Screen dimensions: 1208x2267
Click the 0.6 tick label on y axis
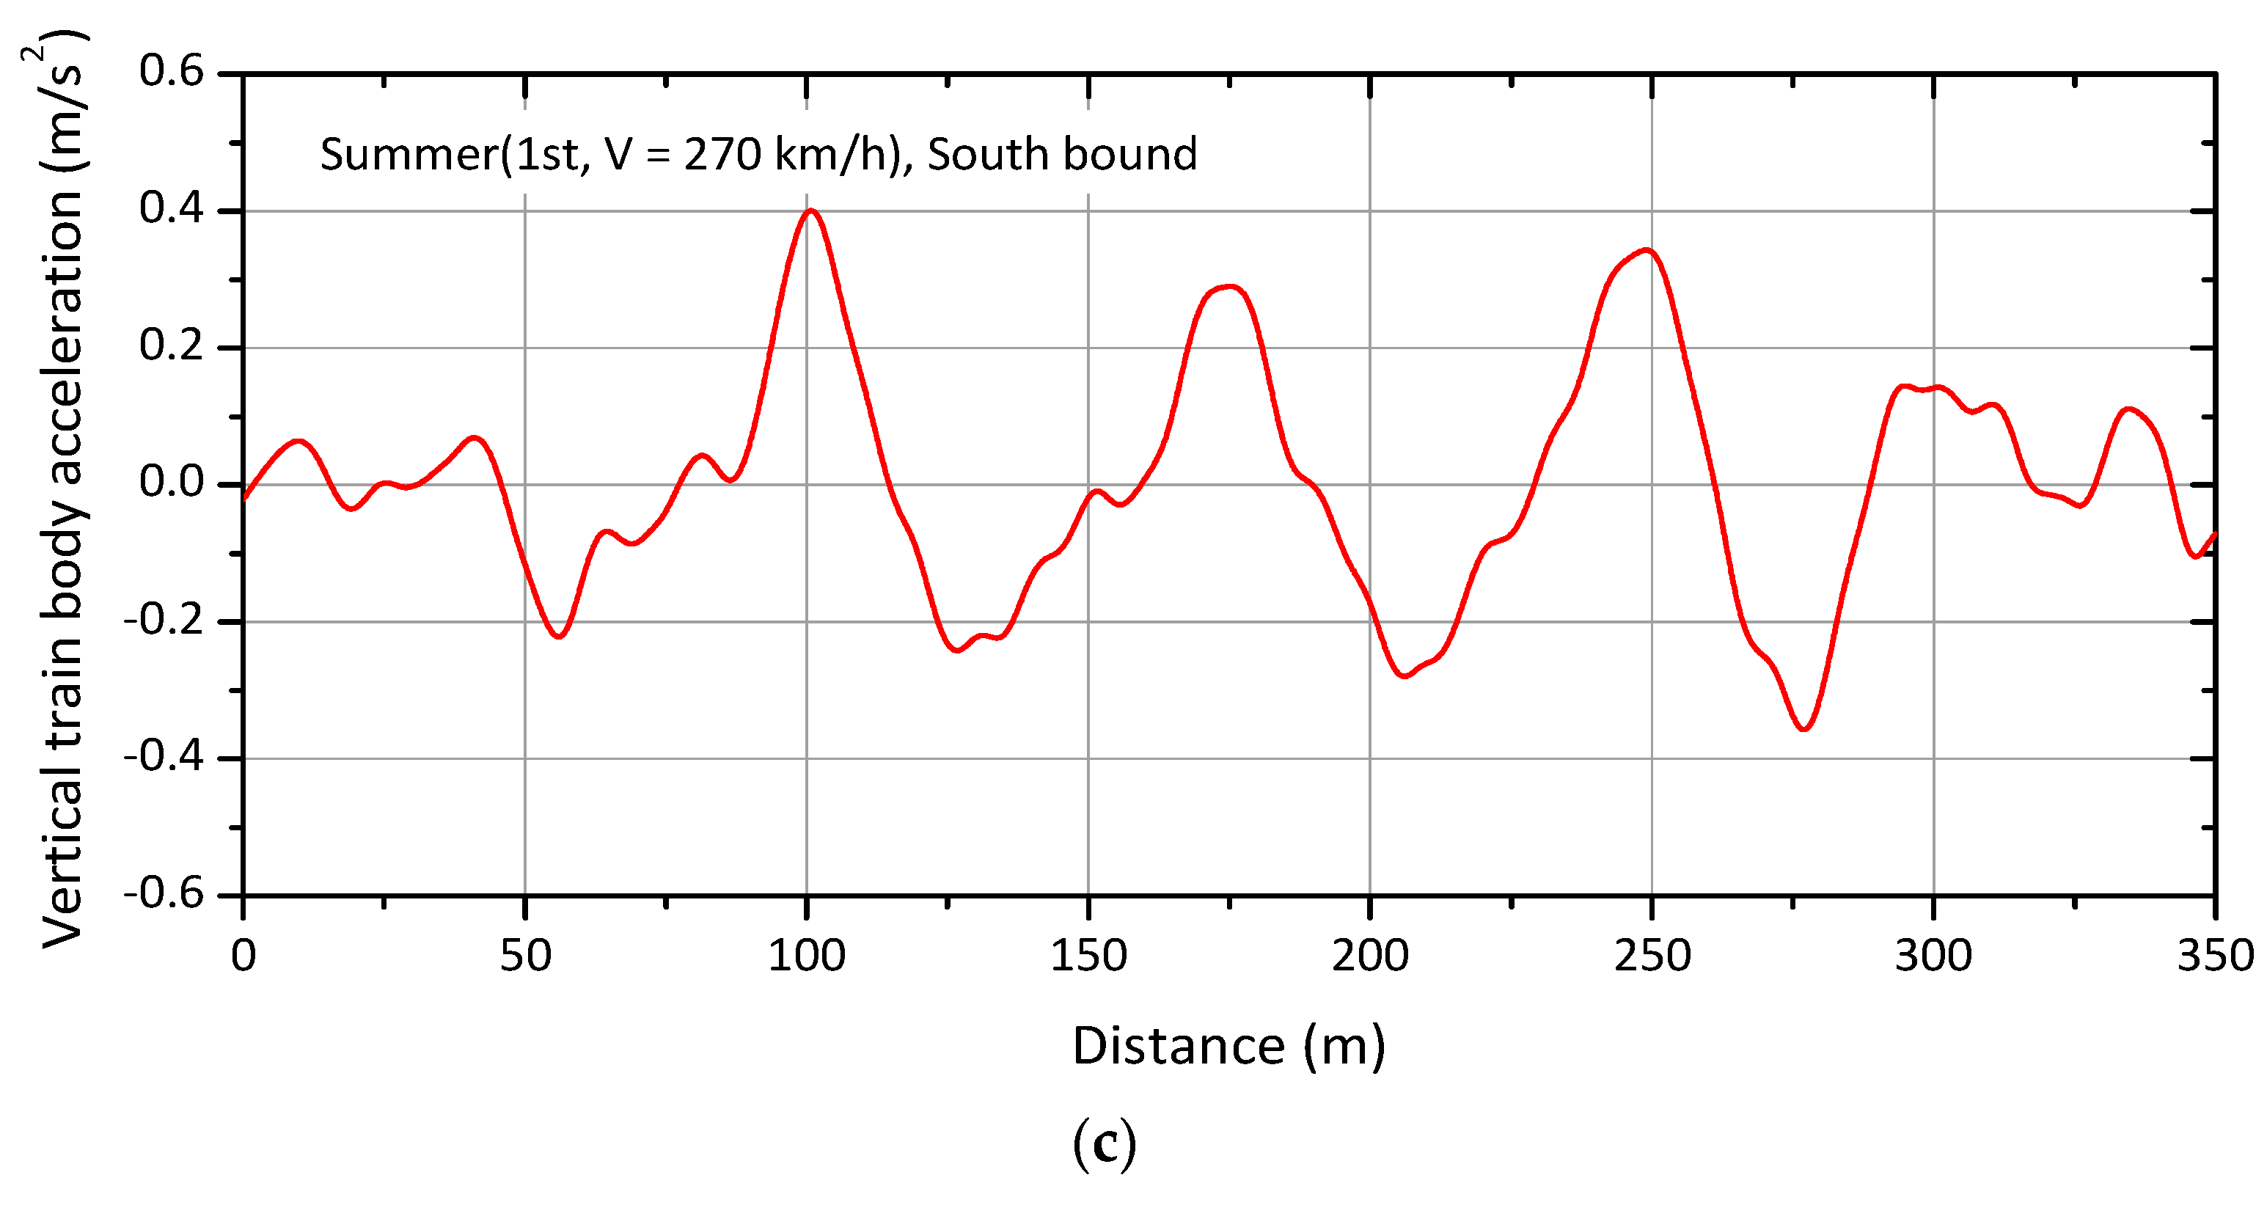click(172, 70)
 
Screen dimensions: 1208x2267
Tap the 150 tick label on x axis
click(1088, 956)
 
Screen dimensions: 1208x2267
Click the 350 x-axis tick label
click(2214, 956)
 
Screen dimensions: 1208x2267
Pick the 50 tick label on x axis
click(525, 956)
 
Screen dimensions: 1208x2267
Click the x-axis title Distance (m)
click(1228, 1046)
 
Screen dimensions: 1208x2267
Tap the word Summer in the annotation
click(409, 155)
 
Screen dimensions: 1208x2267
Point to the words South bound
click(1062, 155)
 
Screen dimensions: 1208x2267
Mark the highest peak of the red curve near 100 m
click(811, 211)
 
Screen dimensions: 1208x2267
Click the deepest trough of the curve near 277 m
click(1804, 728)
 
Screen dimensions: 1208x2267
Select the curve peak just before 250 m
click(1647, 251)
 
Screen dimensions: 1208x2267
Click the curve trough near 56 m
click(559, 636)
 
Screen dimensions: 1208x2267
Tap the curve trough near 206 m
click(1404, 676)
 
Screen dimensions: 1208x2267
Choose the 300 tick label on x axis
click(1933, 956)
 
